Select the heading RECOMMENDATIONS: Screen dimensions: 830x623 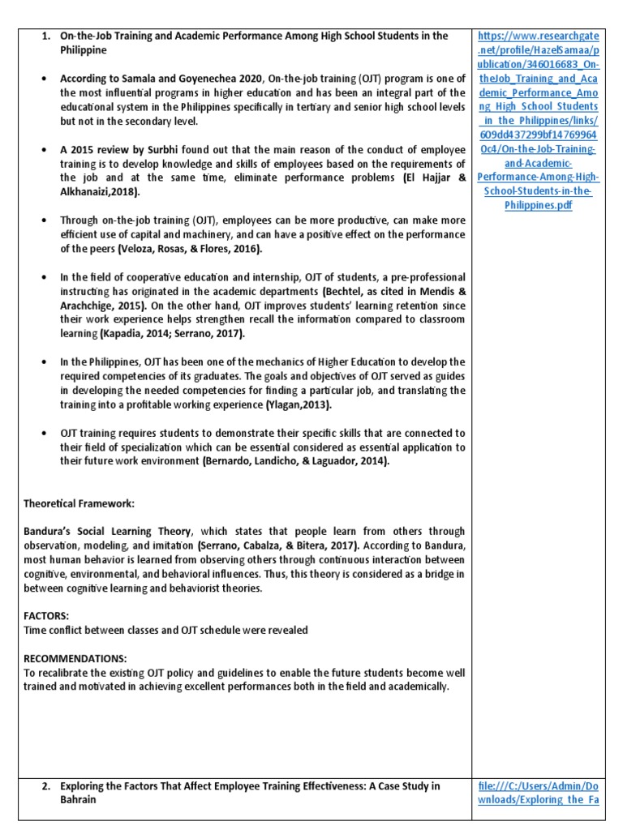pos(75,658)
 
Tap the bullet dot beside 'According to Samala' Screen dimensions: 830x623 pos(42,79)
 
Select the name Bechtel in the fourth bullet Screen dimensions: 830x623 pos(344,291)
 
